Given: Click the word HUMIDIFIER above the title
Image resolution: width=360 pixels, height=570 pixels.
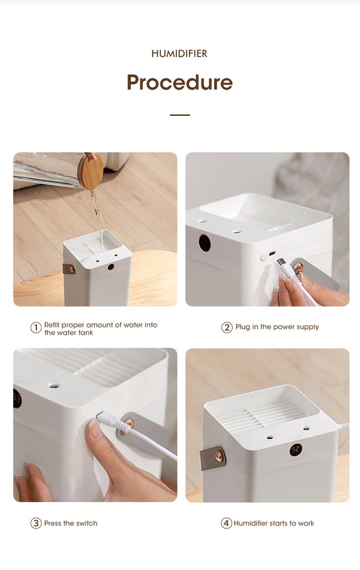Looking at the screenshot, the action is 180,54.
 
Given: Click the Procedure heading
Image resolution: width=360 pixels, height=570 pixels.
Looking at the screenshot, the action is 180,82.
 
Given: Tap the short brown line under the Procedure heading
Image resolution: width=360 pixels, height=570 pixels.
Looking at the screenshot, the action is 180,115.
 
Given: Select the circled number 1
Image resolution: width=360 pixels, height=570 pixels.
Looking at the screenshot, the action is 36,327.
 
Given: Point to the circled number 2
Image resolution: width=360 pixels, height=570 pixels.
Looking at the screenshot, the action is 226,327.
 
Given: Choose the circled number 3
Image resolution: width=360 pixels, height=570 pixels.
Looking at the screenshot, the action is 36,523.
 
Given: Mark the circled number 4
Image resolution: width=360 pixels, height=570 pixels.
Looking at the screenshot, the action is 226,523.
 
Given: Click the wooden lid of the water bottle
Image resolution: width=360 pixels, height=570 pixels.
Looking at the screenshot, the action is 91,171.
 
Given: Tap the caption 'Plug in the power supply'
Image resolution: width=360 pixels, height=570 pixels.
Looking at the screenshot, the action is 277,327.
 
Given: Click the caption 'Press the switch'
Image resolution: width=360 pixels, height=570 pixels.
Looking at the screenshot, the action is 71,523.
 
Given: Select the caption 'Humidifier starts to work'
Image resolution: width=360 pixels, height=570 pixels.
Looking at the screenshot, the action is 274,523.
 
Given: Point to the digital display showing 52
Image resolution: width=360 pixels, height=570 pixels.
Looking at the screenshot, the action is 295,450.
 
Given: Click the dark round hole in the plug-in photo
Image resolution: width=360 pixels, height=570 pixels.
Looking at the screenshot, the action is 205,243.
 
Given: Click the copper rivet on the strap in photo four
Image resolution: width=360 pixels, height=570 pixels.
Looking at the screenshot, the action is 219,456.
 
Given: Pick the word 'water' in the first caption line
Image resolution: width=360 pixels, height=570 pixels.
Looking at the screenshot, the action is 133,325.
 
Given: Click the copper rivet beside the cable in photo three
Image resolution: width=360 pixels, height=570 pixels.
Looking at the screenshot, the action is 128,424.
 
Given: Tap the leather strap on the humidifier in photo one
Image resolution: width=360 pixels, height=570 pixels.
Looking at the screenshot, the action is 69,269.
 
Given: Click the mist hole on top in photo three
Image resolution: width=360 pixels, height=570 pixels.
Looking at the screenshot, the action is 54,385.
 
